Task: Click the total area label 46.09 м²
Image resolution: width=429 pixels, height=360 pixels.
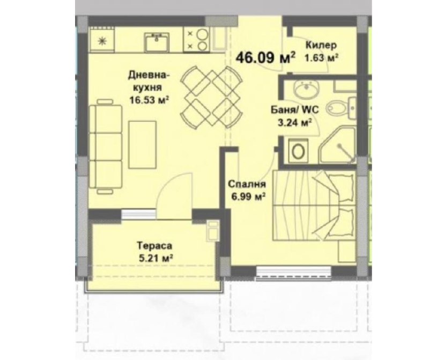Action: click(x=265, y=57)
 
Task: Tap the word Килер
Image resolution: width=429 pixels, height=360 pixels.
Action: click(x=321, y=45)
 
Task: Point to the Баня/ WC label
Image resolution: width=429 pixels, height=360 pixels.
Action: click(x=294, y=110)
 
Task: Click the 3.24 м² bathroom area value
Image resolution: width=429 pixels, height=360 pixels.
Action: click(x=294, y=123)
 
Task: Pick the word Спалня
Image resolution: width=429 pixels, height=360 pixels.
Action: click(x=247, y=184)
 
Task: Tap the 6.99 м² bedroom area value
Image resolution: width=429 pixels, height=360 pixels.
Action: click(x=249, y=197)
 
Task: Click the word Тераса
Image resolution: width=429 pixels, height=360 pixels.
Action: click(x=154, y=246)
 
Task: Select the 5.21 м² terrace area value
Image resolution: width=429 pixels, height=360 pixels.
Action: click(x=156, y=258)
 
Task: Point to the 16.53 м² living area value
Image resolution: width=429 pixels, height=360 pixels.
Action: click(x=149, y=100)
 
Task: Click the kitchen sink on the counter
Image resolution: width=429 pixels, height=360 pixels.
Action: click(x=157, y=42)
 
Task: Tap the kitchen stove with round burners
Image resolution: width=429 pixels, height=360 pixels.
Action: click(x=196, y=39)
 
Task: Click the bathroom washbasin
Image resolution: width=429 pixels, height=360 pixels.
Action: click(x=306, y=90)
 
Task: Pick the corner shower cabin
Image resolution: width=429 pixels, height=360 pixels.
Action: click(x=338, y=146)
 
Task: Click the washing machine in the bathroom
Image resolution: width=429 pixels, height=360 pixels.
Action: click(x=299, y=150)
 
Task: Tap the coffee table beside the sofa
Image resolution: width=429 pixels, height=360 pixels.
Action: click(x=143, y=144)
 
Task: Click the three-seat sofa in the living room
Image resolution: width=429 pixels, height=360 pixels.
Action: click(x=105, y=147)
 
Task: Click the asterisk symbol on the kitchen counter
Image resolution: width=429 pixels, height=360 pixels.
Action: click(x=102, y=41)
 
